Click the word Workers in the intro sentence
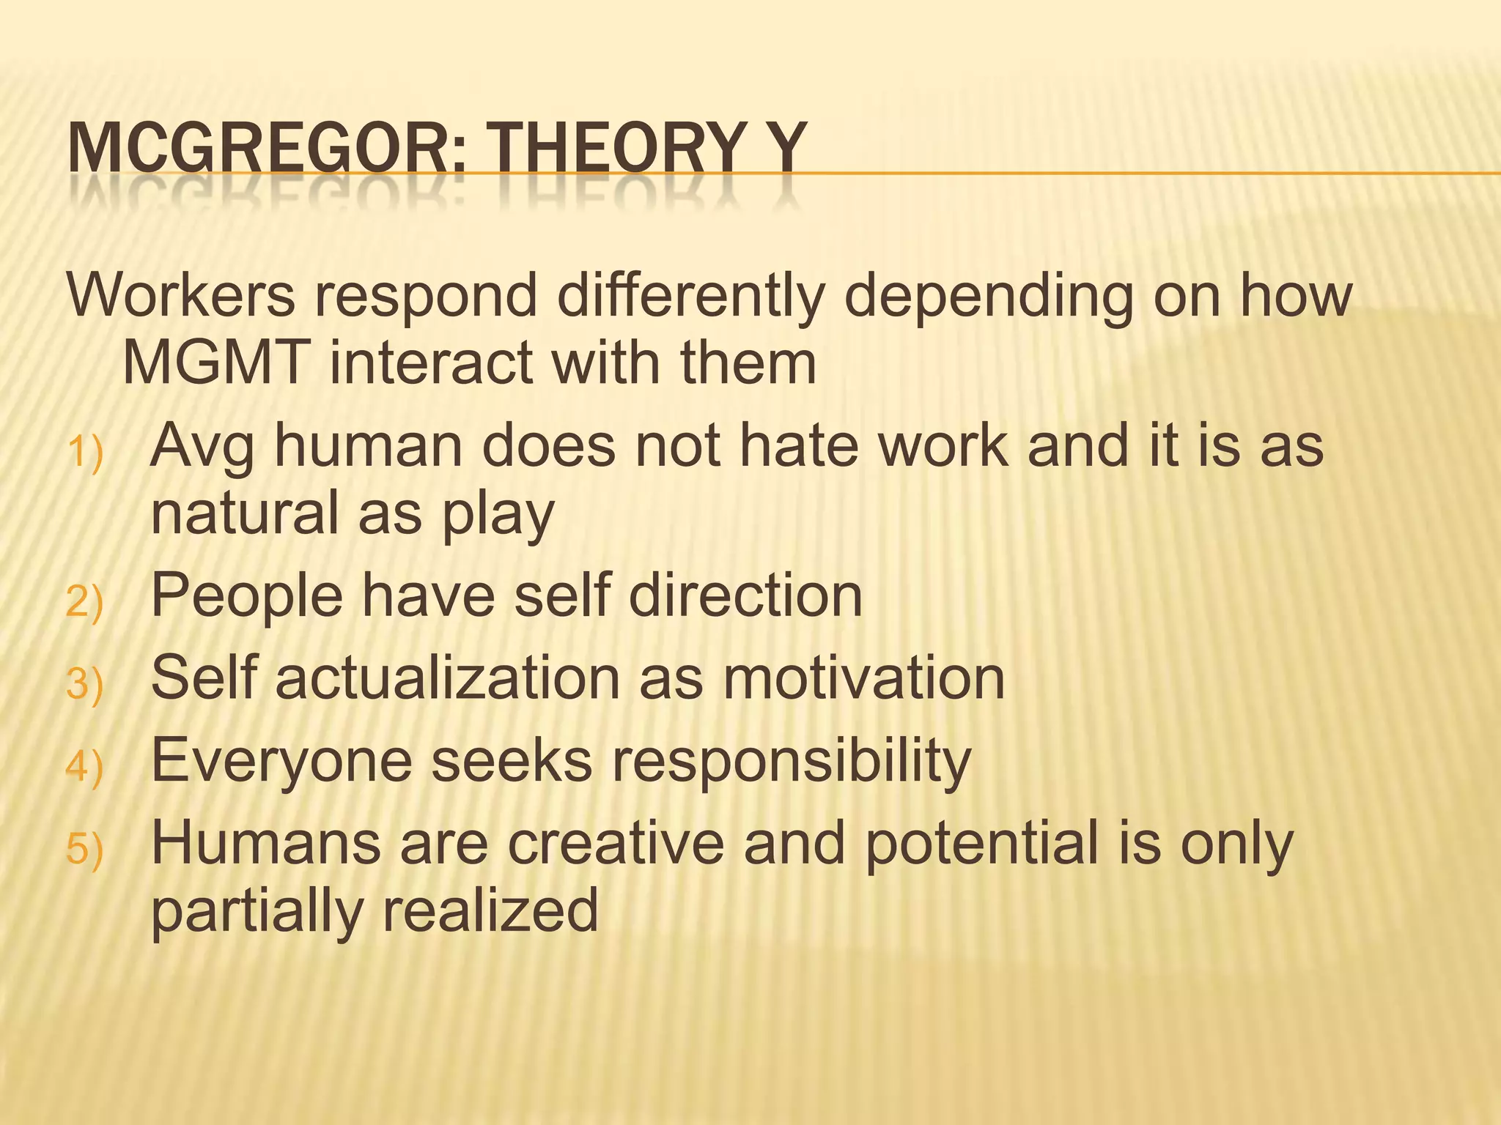(181, 295)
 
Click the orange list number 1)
(85, 453)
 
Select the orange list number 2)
(85, 603)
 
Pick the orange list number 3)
(85, 686)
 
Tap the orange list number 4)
(85, 768)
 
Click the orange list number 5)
(85, 850)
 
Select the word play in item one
(498, 515)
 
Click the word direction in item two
(745, 595)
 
